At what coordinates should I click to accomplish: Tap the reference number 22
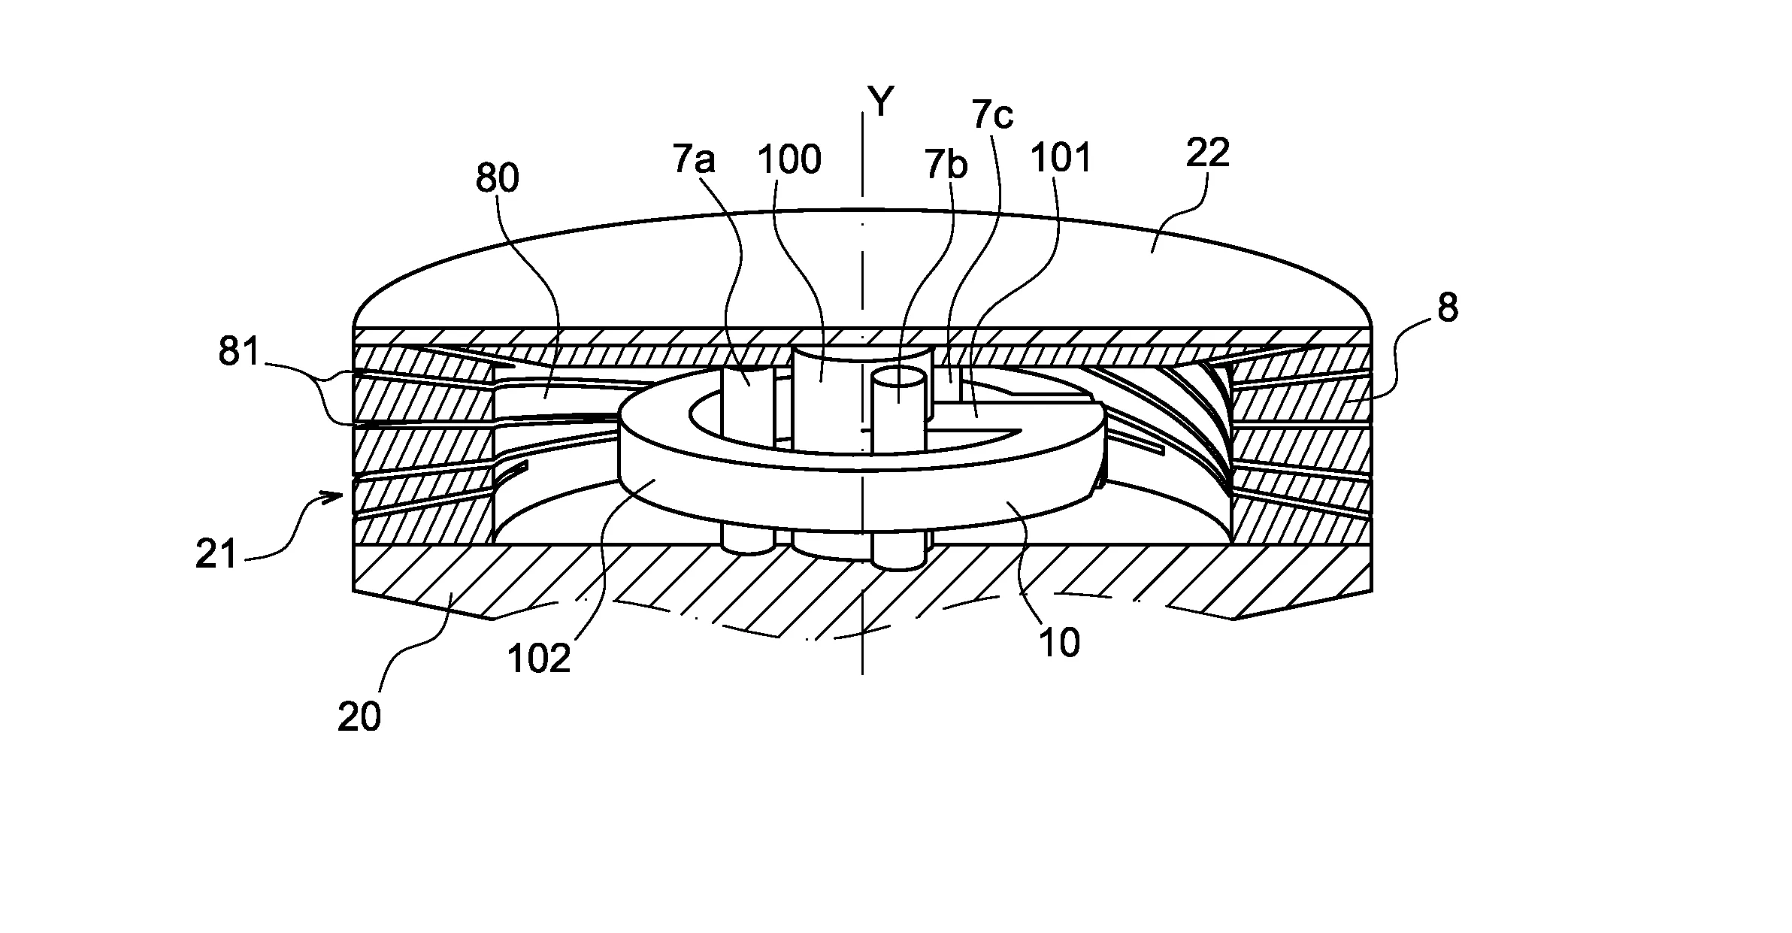click(x=1207, y=153)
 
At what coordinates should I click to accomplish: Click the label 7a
click(x=694, y=160)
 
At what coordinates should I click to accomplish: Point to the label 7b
click(x=946, y=165)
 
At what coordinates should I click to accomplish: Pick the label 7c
click(x=992, y=115)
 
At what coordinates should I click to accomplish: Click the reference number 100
click(x=789, y=160)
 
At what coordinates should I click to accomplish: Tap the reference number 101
click(x=1061, y=159)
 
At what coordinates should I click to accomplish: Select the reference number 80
click(x=498, y=179)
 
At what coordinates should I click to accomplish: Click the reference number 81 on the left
click(x=239, y=352)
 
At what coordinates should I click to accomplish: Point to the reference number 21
click(x=216, y=555)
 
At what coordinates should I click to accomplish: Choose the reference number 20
click(x=359, y=716)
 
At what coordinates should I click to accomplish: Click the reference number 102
click(x=539, y=659)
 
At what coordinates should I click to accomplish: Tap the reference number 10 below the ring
click(x=1060, y=643)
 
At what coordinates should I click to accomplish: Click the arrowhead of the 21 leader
click(x=347, y=494)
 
